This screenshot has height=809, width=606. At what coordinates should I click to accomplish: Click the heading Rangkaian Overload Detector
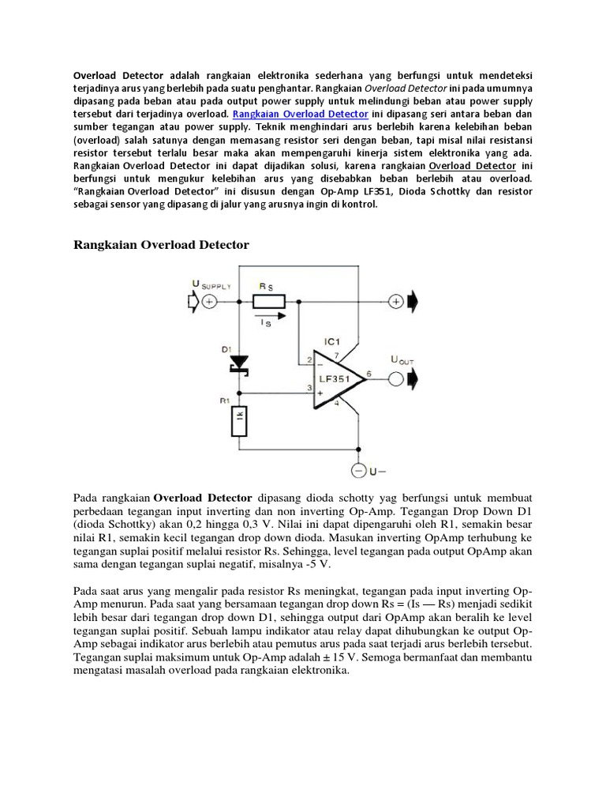(161, 245)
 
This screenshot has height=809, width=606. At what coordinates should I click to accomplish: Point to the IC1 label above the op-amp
(333, 341)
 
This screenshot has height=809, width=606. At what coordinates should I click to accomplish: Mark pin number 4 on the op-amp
(339, 404)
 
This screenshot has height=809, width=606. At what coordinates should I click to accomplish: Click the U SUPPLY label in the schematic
(211, 284)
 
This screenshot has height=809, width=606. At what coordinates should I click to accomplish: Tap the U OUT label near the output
(402, 359)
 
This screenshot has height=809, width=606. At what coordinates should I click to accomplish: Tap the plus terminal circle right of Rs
(395, 301)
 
